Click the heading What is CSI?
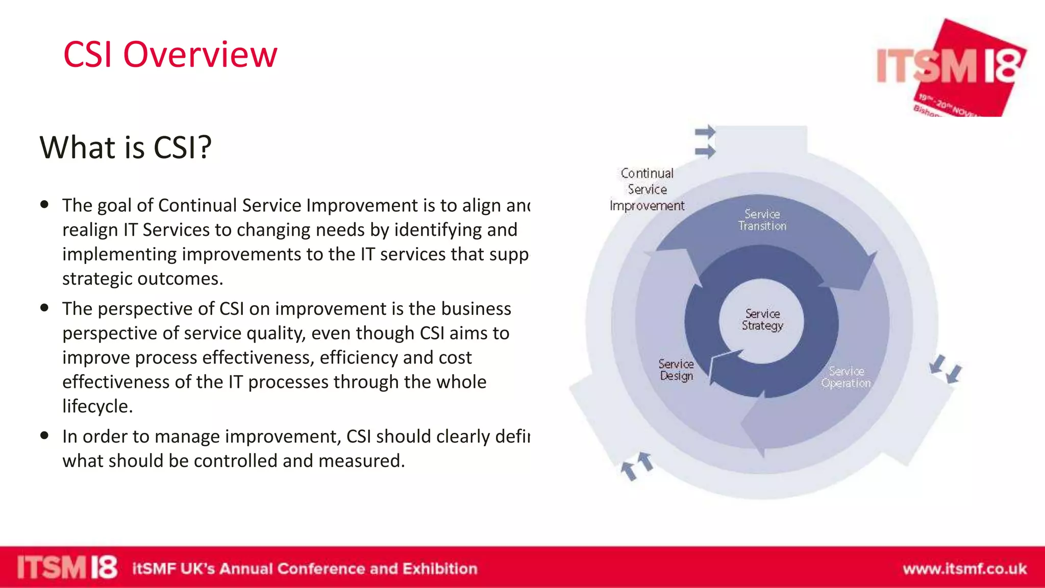pyautogui.click(x=126, y=148)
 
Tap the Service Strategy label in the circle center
pyautogui.click(x=762, y=320)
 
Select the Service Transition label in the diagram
pyautogui.click(x=762, y=220)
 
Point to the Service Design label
pyautogui.click(x=676, y=370)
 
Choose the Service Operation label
pyautogui.click(x=846, y=377)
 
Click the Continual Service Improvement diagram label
pyautogui.click(x=647, y=189)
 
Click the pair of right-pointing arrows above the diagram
pyautogui.click(x=705, y=142)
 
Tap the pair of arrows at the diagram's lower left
pyautogui.click(x=637, y=465)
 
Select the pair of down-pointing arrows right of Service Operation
pyautogui.click(x=946, y=369)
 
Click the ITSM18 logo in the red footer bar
pyautogui.click(x=67, y=568)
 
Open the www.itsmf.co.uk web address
pyautogui.click(x=964, y=569)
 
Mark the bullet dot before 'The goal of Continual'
pyautogui.click(x=45, y=205)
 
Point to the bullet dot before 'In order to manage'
pyautogui.click(x=45, y=435)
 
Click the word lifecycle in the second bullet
pyautogui.click(x=97, y=406)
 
